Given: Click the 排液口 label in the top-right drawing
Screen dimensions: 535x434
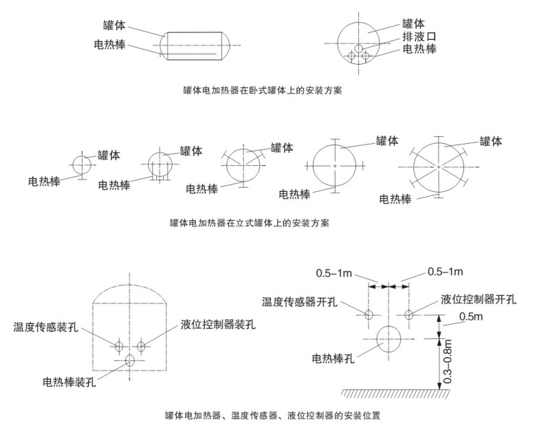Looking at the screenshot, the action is tap(419, 36).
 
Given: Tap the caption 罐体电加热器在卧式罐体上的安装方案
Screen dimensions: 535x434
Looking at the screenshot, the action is tap(263, 90).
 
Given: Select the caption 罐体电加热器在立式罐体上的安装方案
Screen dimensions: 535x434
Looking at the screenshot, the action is tap(250, 223).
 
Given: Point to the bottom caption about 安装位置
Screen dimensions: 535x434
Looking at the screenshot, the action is tap(272, 415).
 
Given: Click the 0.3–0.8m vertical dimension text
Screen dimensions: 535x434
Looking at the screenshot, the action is tap(448, 362).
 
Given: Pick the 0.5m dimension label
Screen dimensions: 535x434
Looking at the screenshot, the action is tap(471, 316).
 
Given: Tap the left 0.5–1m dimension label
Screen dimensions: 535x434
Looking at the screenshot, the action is tap(334, 273).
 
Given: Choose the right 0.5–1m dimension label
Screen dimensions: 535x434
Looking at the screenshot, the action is tap(446, 272).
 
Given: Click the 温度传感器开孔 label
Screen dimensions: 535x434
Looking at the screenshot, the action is tap(300, 302).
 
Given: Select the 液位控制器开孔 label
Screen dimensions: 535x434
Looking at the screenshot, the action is tap(479, 299).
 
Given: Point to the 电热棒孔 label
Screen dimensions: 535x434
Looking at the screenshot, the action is tap(333, 358).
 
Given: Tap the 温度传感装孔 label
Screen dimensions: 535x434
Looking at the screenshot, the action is tap(45, 327).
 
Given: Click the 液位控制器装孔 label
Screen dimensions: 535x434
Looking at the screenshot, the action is tap(218, 324).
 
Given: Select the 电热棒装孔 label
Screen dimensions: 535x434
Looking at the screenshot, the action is tap(69, 382).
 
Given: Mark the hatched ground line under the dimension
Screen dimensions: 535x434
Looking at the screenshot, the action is tap(395, 393).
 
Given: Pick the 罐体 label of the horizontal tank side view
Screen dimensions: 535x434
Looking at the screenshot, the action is tap(114, 25).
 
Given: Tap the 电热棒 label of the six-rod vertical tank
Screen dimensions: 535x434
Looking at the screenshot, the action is tap(395, 199).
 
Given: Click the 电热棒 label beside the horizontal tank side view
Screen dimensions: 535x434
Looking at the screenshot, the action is tap(110, 45).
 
